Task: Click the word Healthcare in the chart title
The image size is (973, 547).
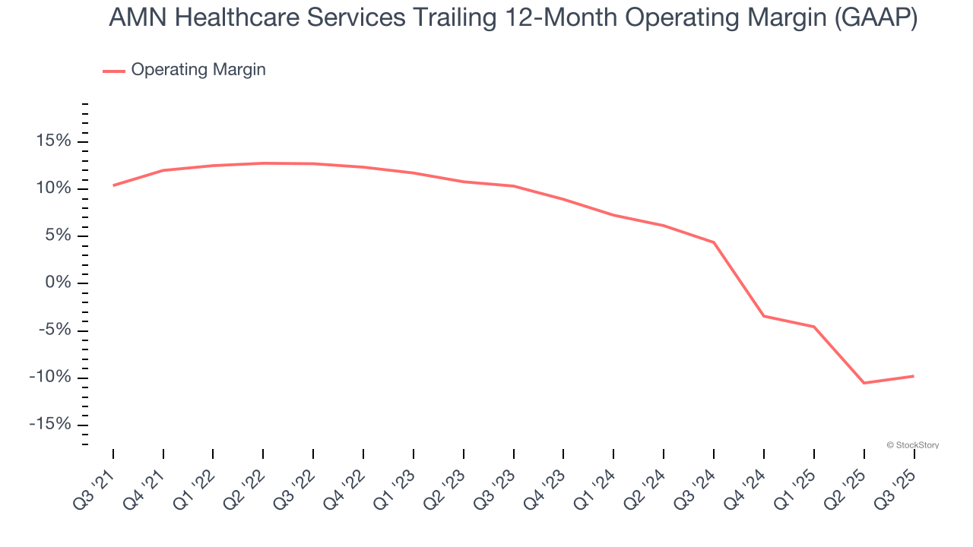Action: pyautogui.click(x=247, y=18)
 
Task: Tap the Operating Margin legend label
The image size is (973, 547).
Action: pyautogui.click(x=198, y=70)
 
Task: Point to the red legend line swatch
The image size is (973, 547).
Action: pyautogui.click(x=114, y=71)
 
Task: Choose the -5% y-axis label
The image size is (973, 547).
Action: pyautogui.click(x=53, y=330)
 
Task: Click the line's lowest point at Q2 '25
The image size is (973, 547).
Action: pyautogui.click(x=864, y=383)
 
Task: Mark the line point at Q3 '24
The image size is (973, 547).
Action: pyautogui.click(x=714, y=242)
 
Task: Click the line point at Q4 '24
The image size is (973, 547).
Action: pyautogui.click(x=764, y=316)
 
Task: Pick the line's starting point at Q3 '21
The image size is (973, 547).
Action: pyautogui.click(x=113, y=185)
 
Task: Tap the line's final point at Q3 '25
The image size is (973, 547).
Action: pyautogui.click(x=913, y=376)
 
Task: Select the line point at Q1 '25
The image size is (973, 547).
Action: pyautogui.click(x=814, y=327)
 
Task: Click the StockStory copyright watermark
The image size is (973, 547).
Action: pyautogui.click(x=912, y=445)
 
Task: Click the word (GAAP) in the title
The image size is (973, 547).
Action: pyautogui.click(x=876, y=18)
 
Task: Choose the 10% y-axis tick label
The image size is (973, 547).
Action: pyautogui.click(x=52, y=188)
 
